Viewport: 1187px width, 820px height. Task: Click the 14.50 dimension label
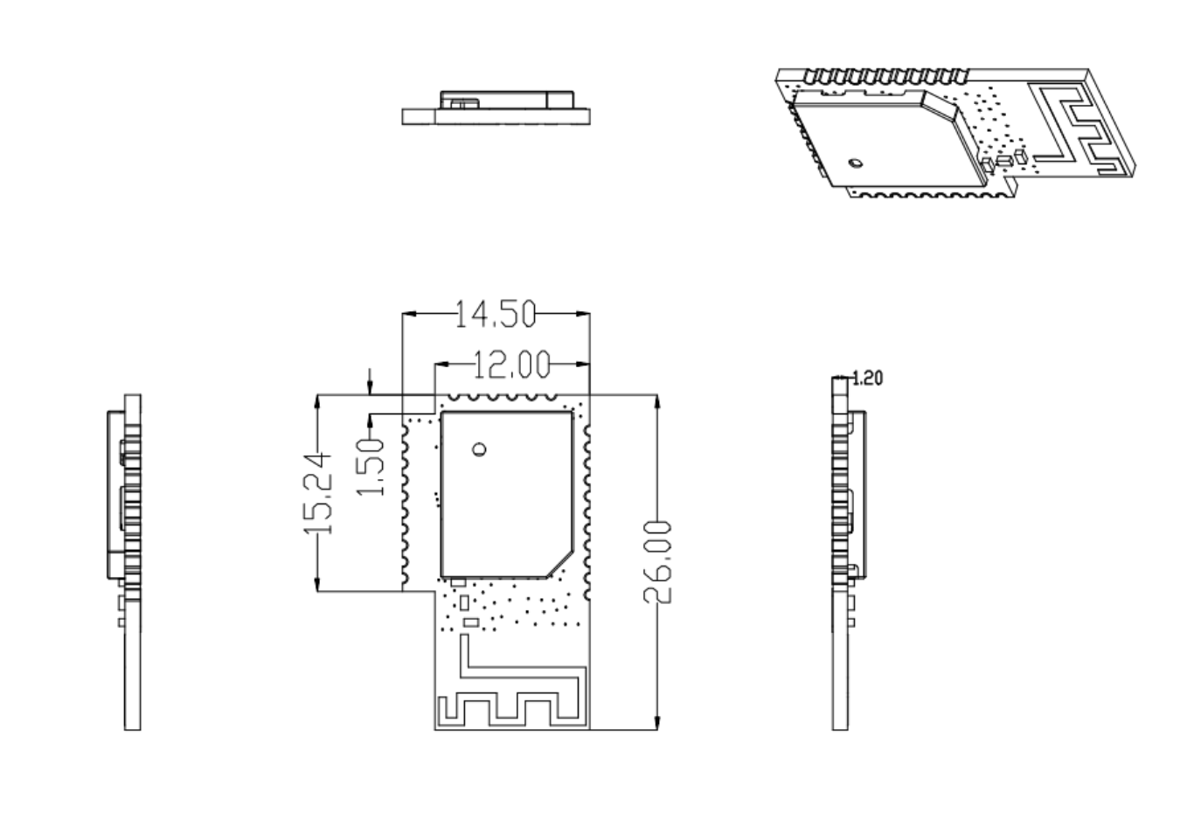496,314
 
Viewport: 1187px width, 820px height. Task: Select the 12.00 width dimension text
512,365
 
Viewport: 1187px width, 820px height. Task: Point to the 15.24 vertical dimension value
318,493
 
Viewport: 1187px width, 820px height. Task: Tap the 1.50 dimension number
371,467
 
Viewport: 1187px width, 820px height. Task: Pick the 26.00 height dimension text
657,562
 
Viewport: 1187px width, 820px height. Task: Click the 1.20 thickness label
867,379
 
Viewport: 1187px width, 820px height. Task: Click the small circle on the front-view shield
479,449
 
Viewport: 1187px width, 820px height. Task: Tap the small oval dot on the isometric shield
855,163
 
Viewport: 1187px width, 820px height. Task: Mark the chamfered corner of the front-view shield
560,564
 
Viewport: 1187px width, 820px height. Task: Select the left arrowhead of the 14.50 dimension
409,314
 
